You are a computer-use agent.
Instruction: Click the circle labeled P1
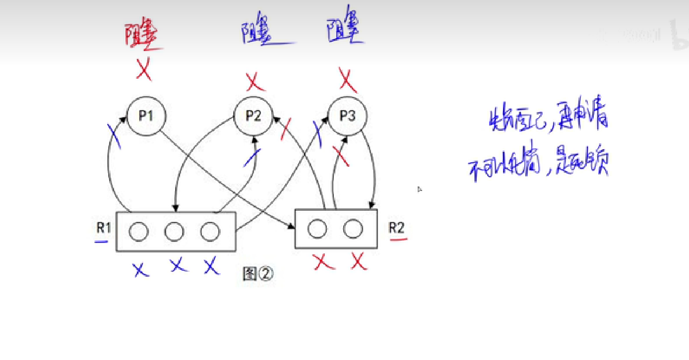coord(146,116)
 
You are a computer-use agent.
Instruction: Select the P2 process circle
coord(253,116)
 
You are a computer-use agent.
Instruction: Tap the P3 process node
coord(348,116)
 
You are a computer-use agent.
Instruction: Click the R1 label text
coord(103,228)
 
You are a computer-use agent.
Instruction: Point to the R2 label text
coord(396,228)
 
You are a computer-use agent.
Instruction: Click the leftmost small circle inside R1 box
coord(138,231)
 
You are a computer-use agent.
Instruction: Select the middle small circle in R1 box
coord(174,231)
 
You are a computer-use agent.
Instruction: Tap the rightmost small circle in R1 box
coord(210,231)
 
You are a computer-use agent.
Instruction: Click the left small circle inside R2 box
coord(317,229)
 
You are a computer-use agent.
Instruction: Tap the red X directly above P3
coord(348,80)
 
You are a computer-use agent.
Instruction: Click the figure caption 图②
coord(258,273)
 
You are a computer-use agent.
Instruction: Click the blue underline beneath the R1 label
coord(101,241)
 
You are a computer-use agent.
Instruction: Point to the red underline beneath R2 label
coord(398,240)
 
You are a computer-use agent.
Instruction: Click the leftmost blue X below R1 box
coord(141,269)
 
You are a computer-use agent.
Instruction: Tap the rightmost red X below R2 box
coord(359,261)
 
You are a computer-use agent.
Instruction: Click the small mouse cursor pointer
coord(420,189)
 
